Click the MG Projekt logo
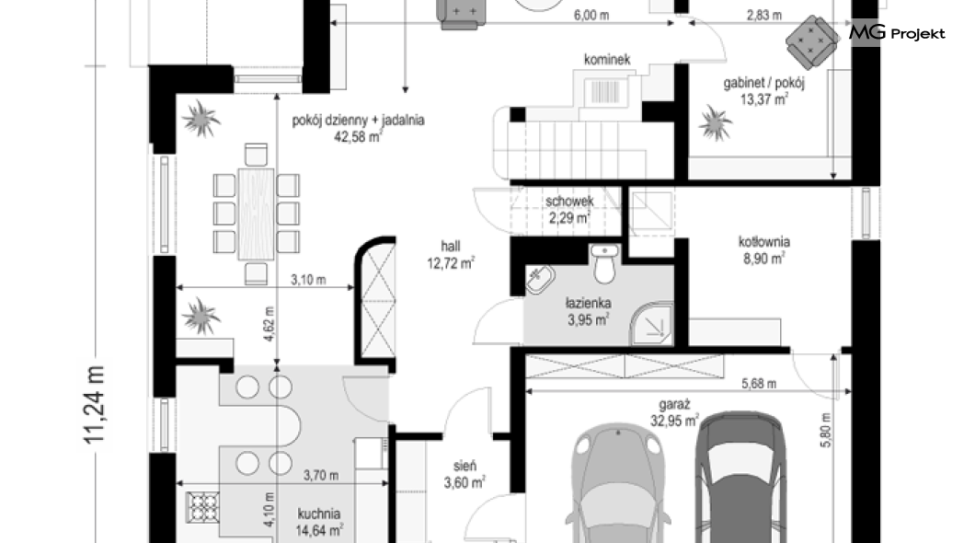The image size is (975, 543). [897, 33]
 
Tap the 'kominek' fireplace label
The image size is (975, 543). [607, 60]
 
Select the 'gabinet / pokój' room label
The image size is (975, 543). [763, 83]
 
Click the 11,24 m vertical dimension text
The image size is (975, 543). [95, 405]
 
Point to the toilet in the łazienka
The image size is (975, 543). [604, 262]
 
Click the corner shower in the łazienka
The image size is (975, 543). [651, 324]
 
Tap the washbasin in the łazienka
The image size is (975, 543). [541, 279]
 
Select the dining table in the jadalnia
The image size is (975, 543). [256, 214]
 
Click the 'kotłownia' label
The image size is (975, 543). [764, 241]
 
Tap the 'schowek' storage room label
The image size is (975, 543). [569, 202]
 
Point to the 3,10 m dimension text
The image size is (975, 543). [308, 280]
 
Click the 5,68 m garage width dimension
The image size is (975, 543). [759, 384]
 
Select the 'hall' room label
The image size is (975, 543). [451, 247]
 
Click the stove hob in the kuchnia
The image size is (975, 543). [203, 507]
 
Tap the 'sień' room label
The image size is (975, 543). [465, 466]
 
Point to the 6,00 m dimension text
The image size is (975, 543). [591, 16]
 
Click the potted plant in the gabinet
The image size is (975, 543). [715, 123]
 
